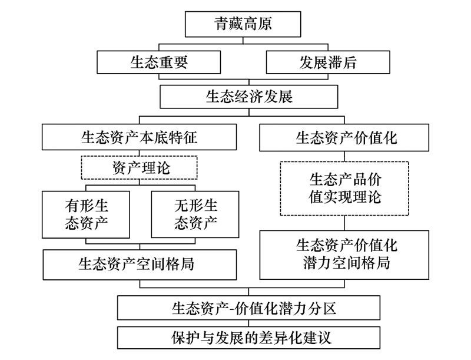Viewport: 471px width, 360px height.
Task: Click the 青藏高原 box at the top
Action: coord(243,24)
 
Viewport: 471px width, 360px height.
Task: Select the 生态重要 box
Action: coord(158,62)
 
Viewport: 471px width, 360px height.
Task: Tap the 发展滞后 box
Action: coord(328,62)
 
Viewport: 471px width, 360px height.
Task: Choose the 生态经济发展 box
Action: coord(248,97)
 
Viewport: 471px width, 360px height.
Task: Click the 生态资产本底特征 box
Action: coord(139,137)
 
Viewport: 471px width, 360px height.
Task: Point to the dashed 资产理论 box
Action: coord(139,168)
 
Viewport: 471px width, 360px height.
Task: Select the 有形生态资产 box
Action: coord(86,214)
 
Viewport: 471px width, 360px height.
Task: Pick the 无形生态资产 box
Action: coord(195,214)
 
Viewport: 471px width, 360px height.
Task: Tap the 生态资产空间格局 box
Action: coord(140,265)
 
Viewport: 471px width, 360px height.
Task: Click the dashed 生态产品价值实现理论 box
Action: coord(344,189)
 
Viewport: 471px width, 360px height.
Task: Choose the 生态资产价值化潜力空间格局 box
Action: coord(344,255)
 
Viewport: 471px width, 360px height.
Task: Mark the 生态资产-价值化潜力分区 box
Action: coord(248,308)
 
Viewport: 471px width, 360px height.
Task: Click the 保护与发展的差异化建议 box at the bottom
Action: coord(248,338)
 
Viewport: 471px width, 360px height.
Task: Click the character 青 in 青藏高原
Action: coord(221,24)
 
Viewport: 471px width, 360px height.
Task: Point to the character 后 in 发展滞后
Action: coord(349,62)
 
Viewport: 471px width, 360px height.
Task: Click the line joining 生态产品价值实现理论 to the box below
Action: coord(344,223)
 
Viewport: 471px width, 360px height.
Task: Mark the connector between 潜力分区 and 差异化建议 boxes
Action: coord(248,323)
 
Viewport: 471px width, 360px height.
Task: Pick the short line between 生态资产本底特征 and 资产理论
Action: coord(139,153)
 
